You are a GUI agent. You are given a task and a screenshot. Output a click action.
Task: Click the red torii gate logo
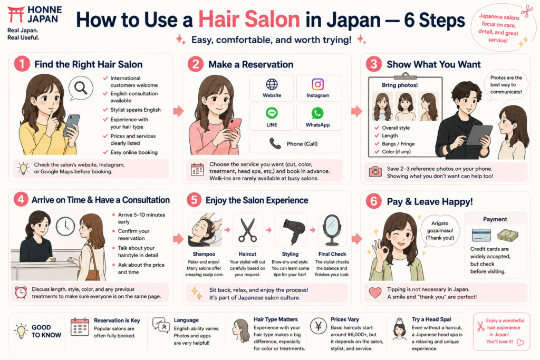[x=16, y=14]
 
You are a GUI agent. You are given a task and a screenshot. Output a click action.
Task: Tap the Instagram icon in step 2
[x=317, y=84]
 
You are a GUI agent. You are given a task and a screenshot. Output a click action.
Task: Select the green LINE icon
[x=272, y=113]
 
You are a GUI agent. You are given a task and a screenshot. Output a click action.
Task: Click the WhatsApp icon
[x=317, y=113]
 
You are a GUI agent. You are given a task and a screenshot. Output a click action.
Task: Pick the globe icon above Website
[x=272, y=84]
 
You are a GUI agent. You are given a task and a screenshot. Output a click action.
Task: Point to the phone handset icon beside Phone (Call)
[x=275, y=143]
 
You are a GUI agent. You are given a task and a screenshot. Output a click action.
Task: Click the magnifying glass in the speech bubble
[x=81, y=88]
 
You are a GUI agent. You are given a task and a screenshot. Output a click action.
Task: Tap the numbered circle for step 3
[x=374, y=64]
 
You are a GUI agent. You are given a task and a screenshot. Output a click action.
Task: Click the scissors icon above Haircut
[x=247, y=230]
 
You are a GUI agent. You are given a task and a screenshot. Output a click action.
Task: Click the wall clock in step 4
[x=65, y=227]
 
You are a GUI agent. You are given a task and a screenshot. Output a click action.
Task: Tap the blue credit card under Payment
[x=481, y=236]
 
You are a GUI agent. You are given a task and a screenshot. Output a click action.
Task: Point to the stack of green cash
[x=508, y=235]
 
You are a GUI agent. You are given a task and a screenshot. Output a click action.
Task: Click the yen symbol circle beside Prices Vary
[x=318, y=326]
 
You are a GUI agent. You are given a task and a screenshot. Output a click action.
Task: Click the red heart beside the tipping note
[x=375, y=293]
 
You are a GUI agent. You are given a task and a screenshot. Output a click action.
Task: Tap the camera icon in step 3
[x=375, y=171]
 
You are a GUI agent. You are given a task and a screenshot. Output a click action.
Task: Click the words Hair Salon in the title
[x=249, y=20]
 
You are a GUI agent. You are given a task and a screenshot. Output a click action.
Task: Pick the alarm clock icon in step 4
[x=21, y=292]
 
